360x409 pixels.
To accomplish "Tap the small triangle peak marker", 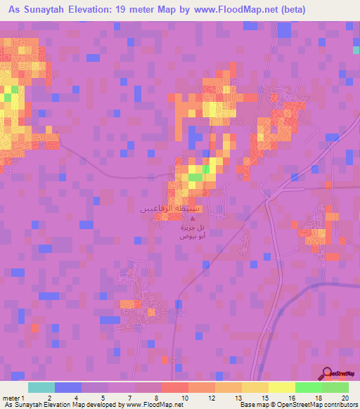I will click(174, 219).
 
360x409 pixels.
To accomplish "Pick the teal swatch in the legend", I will click(41, 387).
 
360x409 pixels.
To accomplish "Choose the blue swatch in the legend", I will click(68, 387).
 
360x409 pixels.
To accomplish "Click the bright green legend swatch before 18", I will click(309, 387).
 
